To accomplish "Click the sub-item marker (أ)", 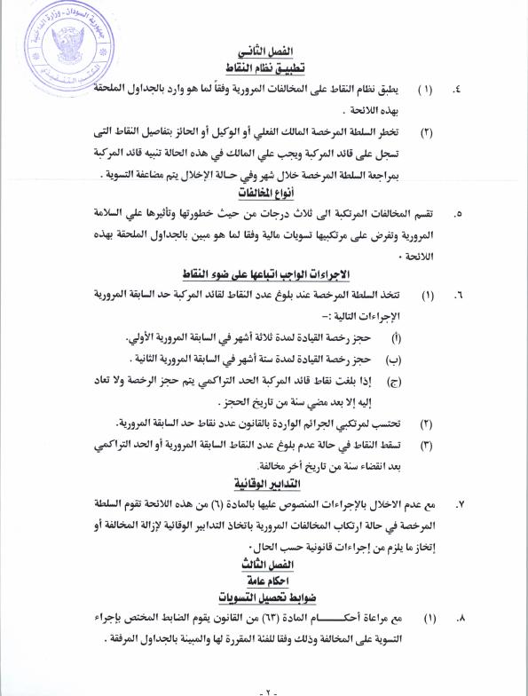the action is click(395, 339).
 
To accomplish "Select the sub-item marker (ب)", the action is click(395, 359).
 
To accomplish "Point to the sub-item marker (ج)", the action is click(395, 380).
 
